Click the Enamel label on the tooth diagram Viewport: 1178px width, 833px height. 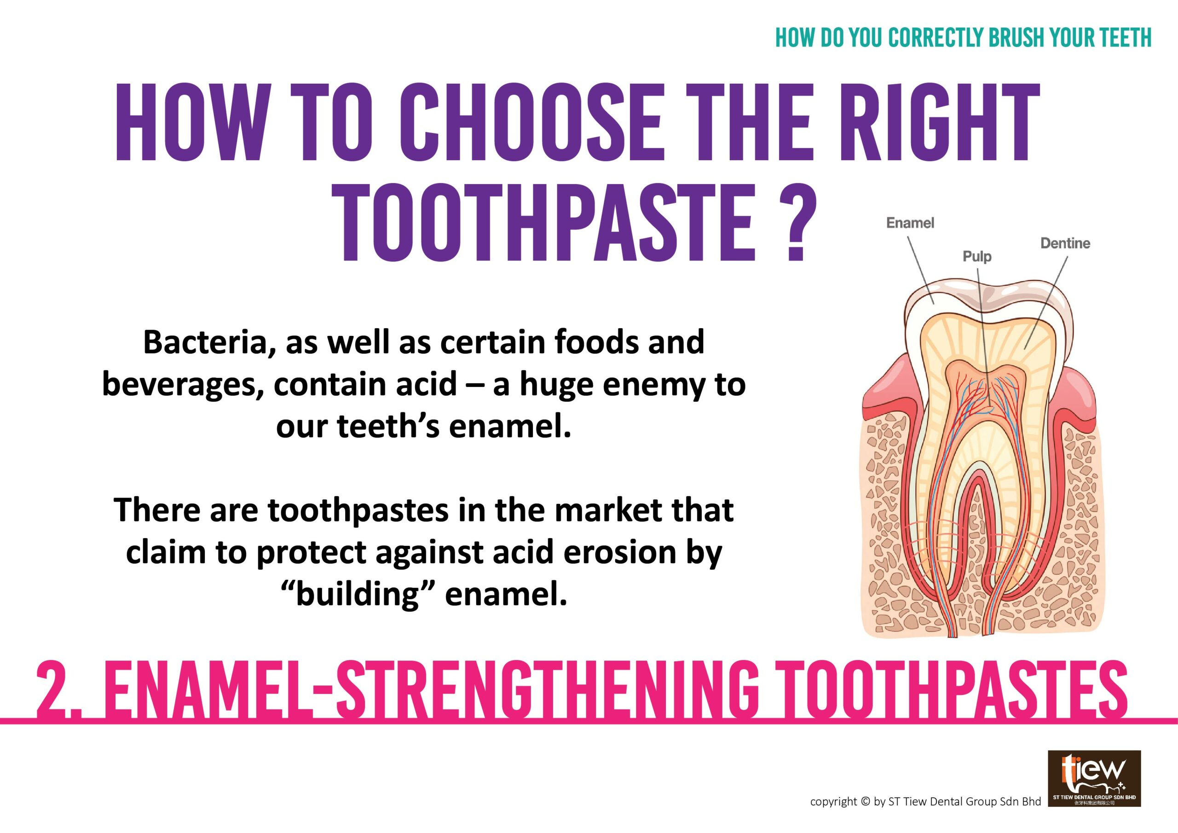[x=911, y=223]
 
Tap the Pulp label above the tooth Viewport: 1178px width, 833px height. [x=977, y=257]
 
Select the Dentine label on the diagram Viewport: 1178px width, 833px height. [x=1065, y=243]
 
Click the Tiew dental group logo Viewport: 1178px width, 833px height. [x=1093, y=793]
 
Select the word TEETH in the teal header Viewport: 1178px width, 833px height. [x=1123, y=37]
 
